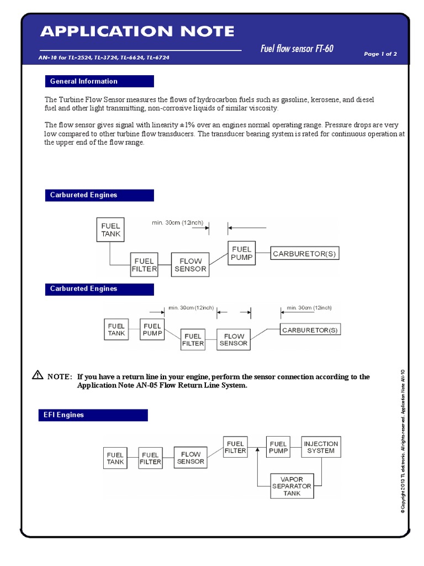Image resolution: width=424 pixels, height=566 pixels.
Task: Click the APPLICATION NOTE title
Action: point(137,32)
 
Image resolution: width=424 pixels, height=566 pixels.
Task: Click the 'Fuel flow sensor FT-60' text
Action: point(296,49)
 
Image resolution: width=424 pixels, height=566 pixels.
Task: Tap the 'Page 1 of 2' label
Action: point(380,54)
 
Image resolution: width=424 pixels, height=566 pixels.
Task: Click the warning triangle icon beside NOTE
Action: point(37,375)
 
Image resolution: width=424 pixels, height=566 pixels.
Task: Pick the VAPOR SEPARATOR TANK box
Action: point(291,486)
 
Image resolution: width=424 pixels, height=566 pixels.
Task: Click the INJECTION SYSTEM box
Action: point(321,447)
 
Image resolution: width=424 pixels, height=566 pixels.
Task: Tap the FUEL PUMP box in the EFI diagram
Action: point(278,447)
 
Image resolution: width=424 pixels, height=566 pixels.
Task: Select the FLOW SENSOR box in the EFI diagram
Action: point(190,458)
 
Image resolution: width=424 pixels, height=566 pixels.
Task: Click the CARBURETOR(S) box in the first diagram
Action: point(305,254)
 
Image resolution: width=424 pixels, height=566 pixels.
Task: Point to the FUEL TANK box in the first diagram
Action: point(110,230)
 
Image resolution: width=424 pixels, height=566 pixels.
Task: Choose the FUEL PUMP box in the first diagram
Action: point(241,253)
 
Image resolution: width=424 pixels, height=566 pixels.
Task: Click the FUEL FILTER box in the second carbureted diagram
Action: point(193,340)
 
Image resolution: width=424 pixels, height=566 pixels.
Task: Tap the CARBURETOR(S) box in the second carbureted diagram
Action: point(310,330)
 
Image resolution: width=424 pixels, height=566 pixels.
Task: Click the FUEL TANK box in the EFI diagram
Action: point(115,458)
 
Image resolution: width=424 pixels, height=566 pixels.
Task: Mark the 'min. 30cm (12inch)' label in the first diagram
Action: point(177,223)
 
